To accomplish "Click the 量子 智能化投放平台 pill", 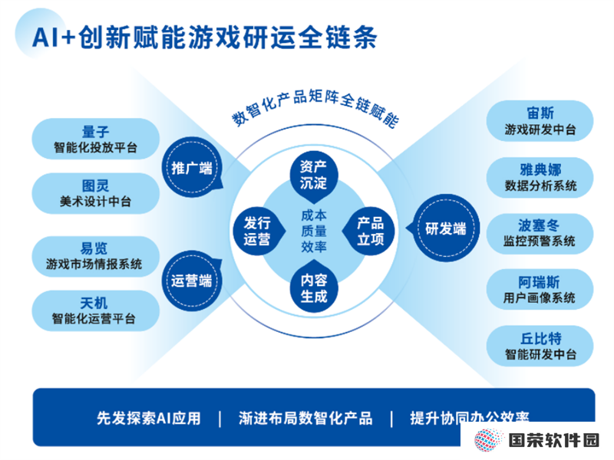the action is coord(95,139).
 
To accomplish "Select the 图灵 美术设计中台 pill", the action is coord(95,193).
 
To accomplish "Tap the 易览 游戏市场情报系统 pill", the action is coord(95,256).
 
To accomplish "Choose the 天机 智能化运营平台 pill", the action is coord(95,310).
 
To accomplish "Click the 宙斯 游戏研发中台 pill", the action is coord(540,121).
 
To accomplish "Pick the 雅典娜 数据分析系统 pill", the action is coord(540,178).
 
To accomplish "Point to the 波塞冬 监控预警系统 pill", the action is coord(540,234).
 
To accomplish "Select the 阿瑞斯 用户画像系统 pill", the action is coord(540,290).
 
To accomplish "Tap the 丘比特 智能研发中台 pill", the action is coord(540,347).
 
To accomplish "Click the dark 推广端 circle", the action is coord(192,167).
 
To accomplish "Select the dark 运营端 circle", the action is coord(192,281).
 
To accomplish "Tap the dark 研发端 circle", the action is coord(446,228).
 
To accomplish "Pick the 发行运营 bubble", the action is coord(258,231).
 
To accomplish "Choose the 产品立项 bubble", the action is coord(370,231).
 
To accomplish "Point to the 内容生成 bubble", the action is coord(313,288).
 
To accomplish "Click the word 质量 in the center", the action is coord(314,231).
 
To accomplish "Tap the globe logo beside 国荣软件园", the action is coord(488,440).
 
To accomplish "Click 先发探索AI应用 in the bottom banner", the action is coord(149,418).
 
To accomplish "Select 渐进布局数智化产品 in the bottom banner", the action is coord(305,418).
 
